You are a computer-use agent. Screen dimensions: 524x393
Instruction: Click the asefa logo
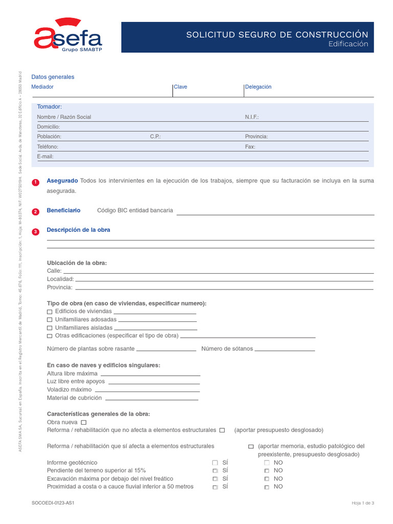(68, 36)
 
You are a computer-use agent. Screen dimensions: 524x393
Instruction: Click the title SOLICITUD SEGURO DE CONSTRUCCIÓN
(277, 34)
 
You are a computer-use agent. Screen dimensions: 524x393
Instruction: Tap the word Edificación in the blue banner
(348, 45)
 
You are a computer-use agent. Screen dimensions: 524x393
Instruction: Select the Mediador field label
(42, 87)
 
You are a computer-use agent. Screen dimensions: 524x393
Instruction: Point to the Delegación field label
(258, 87)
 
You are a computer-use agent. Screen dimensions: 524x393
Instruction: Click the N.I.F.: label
(252, 117)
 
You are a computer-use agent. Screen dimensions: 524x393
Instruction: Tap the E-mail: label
(45, 157)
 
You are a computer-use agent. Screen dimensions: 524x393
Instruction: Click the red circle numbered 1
(35, 183)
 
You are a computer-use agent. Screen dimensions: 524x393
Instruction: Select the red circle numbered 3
(35, 232)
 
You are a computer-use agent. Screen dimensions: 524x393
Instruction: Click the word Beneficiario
(63, 210)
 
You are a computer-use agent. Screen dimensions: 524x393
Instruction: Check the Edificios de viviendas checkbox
(50, 312)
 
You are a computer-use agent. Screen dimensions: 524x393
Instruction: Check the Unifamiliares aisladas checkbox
(50, 328)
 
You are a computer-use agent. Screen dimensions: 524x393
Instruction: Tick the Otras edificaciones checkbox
(50, 336)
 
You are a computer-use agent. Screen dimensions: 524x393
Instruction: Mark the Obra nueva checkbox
(84, 423)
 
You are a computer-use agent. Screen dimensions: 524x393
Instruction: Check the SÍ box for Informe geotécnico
(215, 463)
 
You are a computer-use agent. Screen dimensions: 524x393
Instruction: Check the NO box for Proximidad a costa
(267, 487)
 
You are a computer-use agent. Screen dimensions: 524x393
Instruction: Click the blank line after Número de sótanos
(285, 350)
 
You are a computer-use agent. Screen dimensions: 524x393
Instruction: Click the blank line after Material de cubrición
(151, 399)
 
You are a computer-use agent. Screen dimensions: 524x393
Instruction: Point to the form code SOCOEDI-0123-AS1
(53, 503)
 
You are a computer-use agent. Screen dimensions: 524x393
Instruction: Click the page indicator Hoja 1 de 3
(363, 503)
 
